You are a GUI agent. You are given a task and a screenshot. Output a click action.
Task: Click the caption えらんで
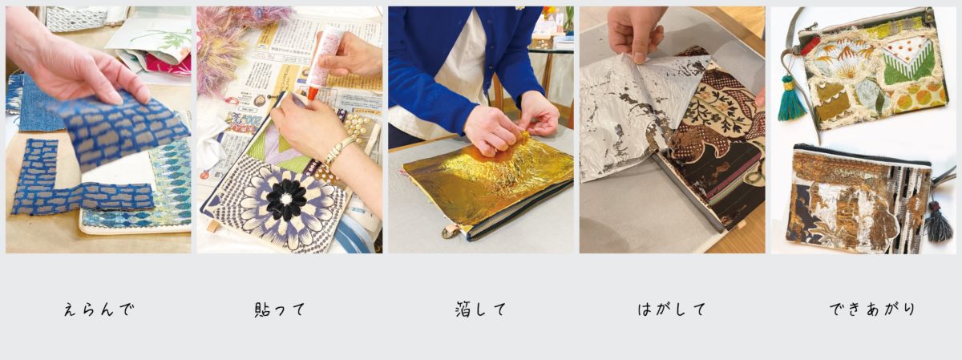99,309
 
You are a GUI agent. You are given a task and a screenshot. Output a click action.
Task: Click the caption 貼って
280,309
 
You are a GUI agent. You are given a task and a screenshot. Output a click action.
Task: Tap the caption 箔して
480,309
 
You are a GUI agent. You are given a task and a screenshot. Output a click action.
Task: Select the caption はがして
672,309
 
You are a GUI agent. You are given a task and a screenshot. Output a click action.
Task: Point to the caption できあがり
872,309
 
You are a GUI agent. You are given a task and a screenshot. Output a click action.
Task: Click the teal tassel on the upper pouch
790,98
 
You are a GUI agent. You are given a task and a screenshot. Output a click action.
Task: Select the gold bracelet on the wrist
338,150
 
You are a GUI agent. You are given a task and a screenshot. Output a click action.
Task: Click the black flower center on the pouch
285,200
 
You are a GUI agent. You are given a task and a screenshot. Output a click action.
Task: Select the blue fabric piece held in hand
124,129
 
